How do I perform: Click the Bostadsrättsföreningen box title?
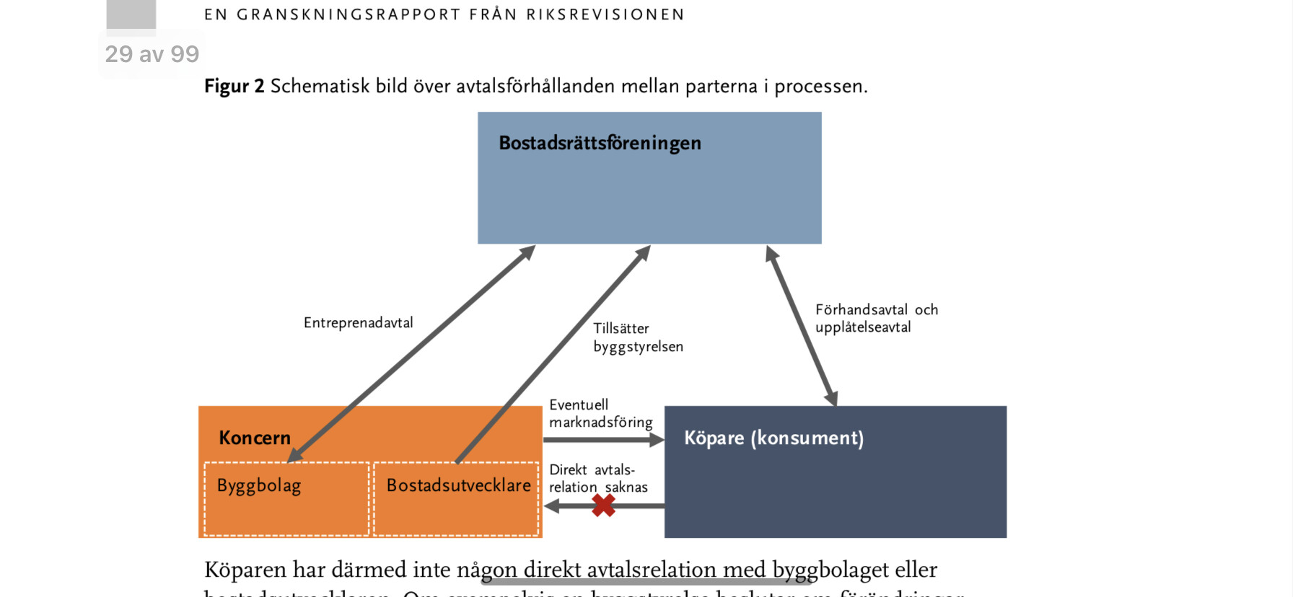click(x=600, y=143)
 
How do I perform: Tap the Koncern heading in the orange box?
click(x=255, y=438)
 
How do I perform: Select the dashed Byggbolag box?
click(x=286, y=499)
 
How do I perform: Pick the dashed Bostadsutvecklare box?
click(x=456, y=499)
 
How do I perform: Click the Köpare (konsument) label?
click(x=773, y=438)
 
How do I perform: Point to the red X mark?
click(x=603, y=505)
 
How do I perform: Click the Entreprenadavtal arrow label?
click(x=358, y=322)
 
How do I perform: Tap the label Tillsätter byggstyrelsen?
click(x=638, y=337)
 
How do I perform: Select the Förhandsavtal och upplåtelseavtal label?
click(x=876, y=318)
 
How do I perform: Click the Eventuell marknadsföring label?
click(x=600, y=413)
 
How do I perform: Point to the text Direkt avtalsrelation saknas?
click(x=598, y=478)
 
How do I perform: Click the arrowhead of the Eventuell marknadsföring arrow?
click(x=657, y=440)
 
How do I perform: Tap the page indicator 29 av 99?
click(x=152, y=54)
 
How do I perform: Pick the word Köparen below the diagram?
click(x=245, y=570)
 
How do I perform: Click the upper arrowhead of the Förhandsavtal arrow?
click(x=771, y=253)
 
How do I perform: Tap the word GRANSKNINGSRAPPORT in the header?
click(x=349, y=14)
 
